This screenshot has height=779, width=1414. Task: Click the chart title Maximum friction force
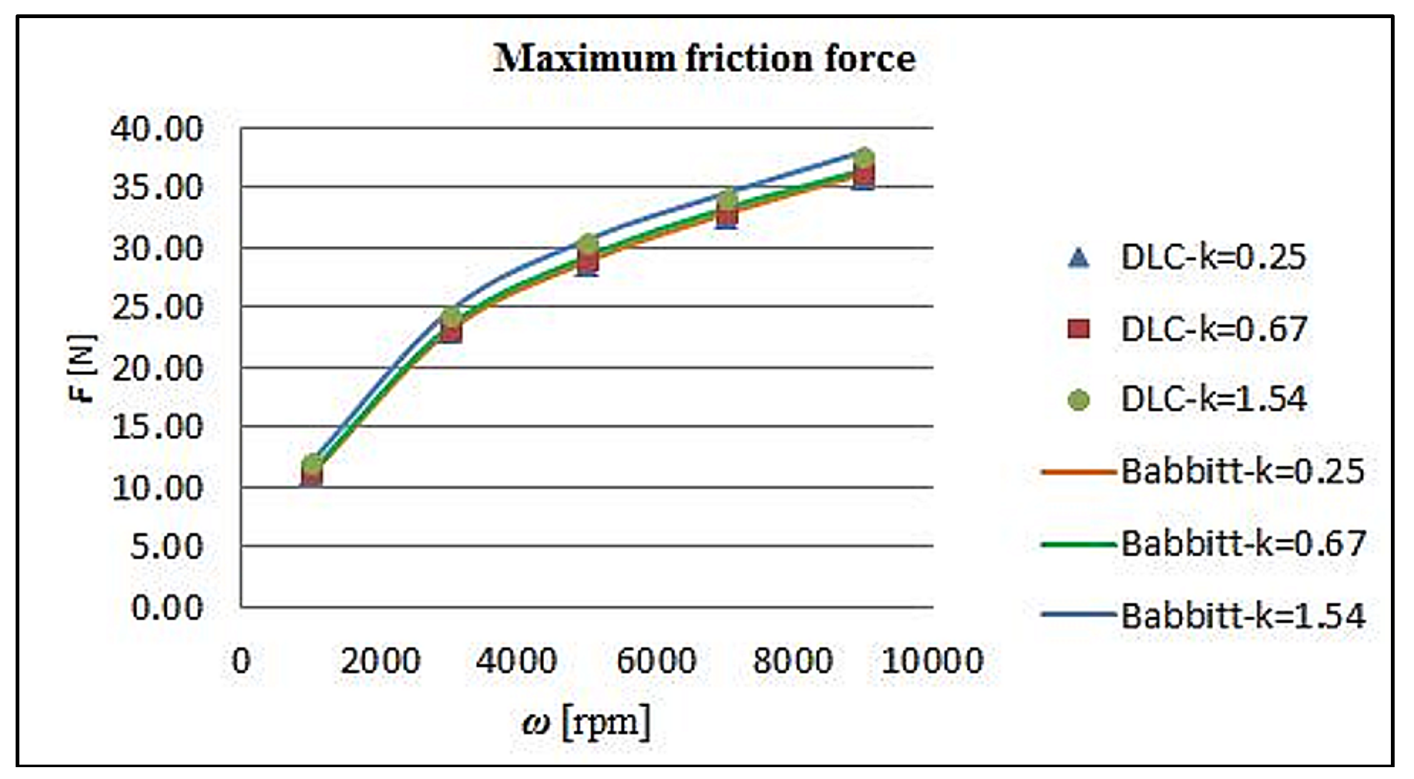click(704, 59)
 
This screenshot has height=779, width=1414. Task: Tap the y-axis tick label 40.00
click(157, 129)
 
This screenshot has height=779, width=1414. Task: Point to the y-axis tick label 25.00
click(157, 307)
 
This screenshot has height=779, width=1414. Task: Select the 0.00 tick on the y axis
click(167, 607)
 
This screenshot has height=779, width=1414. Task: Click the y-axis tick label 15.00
click(157, 427)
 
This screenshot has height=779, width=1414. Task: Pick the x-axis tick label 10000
click(932, 660)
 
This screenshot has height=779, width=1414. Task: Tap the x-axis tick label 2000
click(380, 660)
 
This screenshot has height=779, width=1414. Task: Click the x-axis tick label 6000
click(656, 660)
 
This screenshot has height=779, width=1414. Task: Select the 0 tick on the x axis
click(241, 660)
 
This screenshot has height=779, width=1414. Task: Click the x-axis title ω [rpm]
click(586, 723)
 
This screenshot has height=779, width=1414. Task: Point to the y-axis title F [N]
click(82, 368)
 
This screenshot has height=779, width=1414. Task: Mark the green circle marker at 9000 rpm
click(864, 158)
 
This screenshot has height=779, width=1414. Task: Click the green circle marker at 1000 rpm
click(312, 464)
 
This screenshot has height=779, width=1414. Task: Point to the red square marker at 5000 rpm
click(588, 262)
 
